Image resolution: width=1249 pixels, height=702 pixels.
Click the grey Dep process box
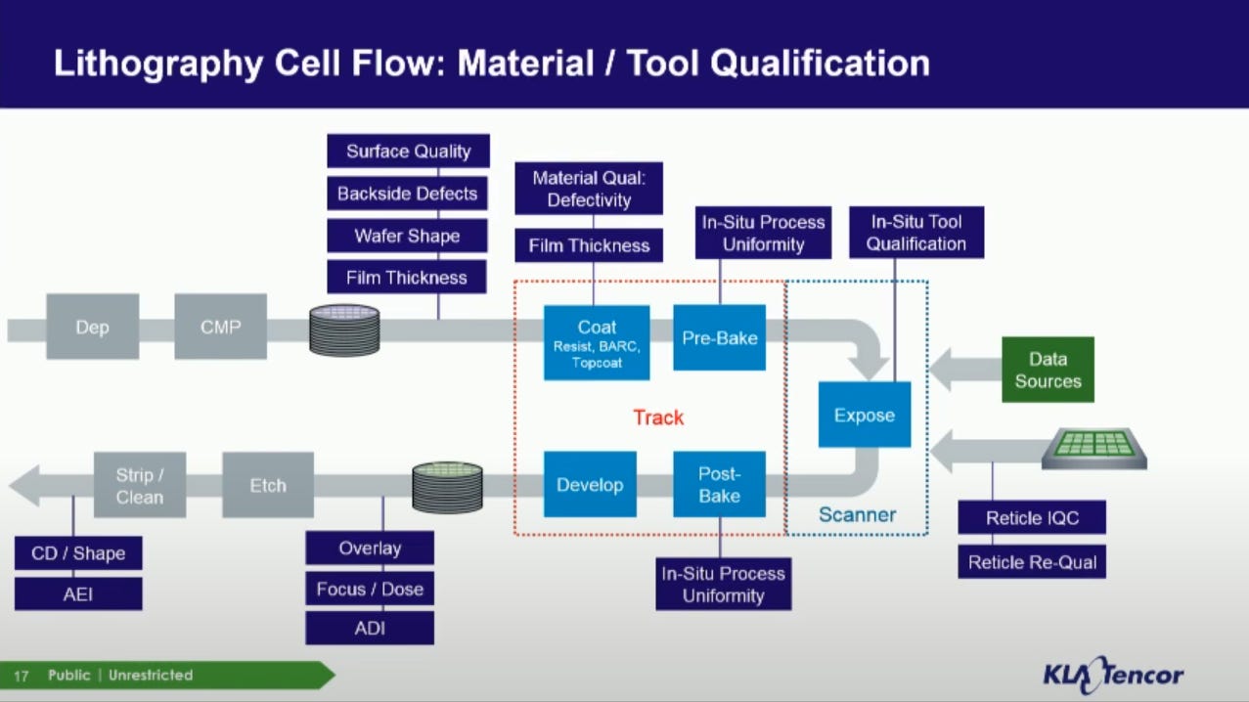click(x=93, y=327)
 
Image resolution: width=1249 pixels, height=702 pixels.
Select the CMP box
click(x=221, y=327)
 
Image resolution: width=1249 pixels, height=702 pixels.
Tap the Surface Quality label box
click(x=408, y=152)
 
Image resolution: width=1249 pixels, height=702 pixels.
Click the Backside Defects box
click(x=407, y=194)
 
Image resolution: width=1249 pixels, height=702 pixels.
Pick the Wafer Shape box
click(x=407, y=236)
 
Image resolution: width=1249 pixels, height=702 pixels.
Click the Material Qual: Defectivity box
click(x=589, y=189)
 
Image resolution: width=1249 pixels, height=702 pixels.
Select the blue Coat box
click(x=597, y=343)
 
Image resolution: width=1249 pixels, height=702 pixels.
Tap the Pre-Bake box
click(x=719, y=338)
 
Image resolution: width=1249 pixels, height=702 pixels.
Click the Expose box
click(x=865, y=415)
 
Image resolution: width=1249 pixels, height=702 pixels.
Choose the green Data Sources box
click(x=1048, y=370)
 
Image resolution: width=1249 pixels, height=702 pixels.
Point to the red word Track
click(x=658, y=417)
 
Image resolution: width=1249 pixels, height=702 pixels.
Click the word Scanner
click(x=858, y=514)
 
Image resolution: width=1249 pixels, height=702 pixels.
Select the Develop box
click(x=590, y=485)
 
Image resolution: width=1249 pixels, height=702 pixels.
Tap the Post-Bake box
click(x=719, y=485)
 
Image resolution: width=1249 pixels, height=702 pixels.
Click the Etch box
click(x=268, y=485)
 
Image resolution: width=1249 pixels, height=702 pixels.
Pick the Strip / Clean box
click(x=140, y=485)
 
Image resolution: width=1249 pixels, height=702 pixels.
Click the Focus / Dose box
click(x=370, y=589)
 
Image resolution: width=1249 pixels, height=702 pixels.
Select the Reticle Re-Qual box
click(x=1032, y=562)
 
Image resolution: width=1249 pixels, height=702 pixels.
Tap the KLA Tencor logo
click(x=1113, y=675)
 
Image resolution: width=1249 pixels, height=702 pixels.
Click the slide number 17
click(x=22, y=677)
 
